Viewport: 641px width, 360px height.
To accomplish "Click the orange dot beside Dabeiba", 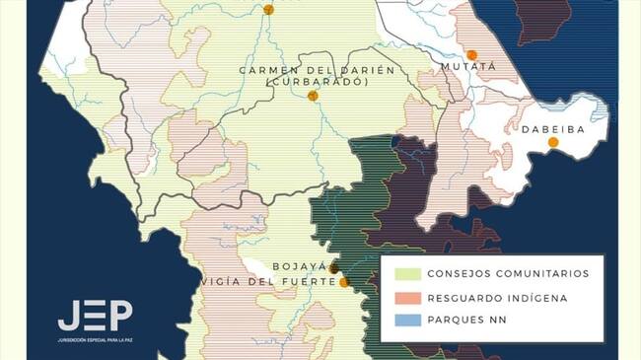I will pyautogui.click(x=553, y=142).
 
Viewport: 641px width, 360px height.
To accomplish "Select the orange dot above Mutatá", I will pyautogui.click(x=472, y=55).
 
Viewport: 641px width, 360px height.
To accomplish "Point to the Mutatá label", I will pyautogui.click(x=469, y=69).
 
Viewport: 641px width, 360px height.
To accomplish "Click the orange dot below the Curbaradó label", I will pyautogui.click(x=313, y=96).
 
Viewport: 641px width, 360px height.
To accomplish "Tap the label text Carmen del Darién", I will pyautogui.click(x=317, y=69).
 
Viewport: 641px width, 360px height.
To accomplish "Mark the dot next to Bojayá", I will pyautogui.click(x=334, y=267).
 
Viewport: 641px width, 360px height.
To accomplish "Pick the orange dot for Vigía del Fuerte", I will pyautogui.click(x=344, y=282).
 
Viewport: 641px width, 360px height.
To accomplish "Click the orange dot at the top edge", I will pyautogui.click(x=268, y=10).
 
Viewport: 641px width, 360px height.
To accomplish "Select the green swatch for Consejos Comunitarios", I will pyautogui.click(x=407, y=273).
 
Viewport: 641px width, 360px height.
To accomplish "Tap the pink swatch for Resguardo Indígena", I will pyautogui.click(x=407, y=297).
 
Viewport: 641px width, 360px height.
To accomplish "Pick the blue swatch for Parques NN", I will pyautogui.click(x=407, y=321).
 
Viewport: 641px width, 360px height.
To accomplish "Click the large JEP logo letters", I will pyautogui.click(x=95, y=316).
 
